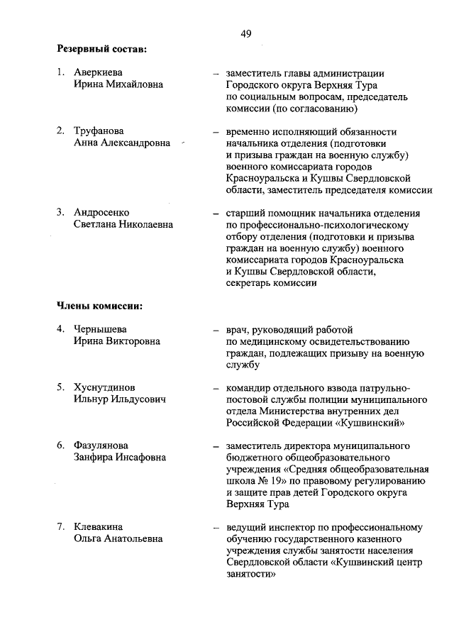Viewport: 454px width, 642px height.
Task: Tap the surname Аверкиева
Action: [98, 72]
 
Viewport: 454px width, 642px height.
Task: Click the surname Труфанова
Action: [99, 131]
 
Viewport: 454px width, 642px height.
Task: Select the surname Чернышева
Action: [99, 329]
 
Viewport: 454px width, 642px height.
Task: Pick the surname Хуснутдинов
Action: [105, 388]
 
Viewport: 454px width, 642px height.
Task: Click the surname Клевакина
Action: [99, 527]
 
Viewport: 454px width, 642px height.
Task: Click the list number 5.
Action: [61, 388]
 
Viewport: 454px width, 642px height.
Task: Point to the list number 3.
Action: [61, 213]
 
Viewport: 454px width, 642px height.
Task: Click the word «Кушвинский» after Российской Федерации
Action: [371, 423]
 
